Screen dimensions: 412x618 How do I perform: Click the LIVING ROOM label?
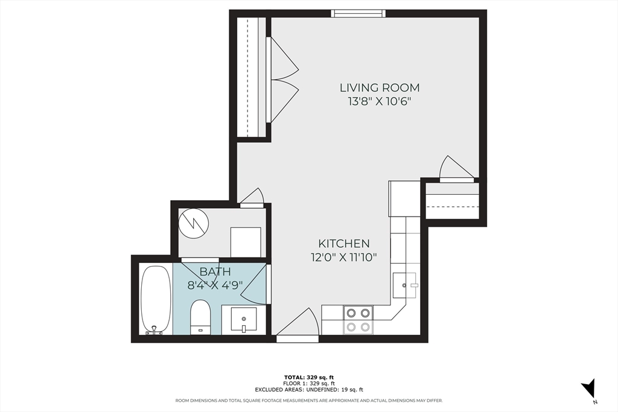[x=379, y=88]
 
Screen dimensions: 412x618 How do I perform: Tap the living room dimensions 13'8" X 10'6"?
[x=379, y=101]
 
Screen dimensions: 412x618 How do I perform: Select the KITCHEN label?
[x=344, y=244]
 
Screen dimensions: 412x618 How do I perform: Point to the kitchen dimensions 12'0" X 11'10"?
[x=344, y=257]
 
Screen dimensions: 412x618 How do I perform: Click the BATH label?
[x=215, y=271]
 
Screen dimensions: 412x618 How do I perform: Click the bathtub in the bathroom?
[x=156, y=299]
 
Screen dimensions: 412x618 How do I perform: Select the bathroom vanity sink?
[x=244, y=319]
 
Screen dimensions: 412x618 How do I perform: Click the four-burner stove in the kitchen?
[x=358, y=320]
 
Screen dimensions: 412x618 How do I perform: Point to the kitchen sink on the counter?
[x=405, y=285]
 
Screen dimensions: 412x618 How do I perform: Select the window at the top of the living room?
[x=358, y=13]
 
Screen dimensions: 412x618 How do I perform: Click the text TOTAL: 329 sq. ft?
[x=308, y=377]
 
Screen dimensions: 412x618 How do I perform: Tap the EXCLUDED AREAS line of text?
[x=308, y=390]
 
